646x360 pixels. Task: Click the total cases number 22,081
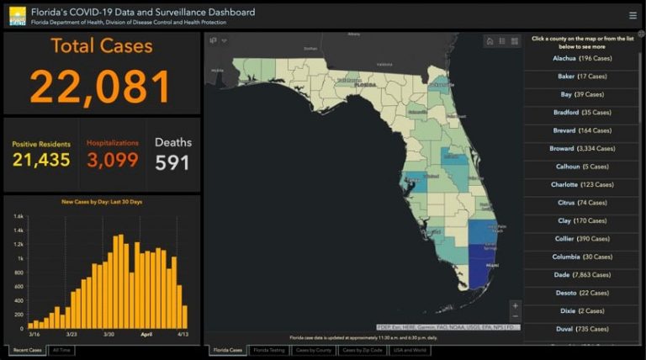point(101,86)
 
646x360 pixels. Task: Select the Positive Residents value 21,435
point(41,160)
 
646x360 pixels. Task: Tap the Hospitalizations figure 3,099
point(113,160)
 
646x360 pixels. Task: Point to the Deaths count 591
point(172,161)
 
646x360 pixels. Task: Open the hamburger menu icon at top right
point(633,15)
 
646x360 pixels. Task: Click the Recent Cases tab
point(26,349)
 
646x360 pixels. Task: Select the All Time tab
point(61,349)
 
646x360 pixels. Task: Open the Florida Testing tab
point(269,349)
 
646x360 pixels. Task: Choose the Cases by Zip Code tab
point(363,349)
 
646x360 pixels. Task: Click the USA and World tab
point(410,349)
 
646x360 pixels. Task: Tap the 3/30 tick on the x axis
point(109,335)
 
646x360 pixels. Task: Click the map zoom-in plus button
point(515,306)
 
